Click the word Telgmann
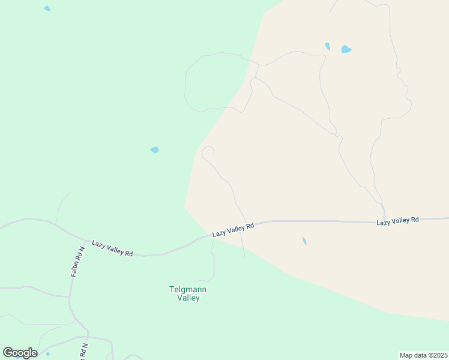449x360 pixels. (x=188, y=289)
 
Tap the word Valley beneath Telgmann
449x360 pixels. (x=188, y=298)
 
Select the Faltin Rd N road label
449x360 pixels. (x=76, y=261)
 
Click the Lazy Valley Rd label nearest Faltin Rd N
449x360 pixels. (x=112, y=248)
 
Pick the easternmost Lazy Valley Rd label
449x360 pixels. (x=397, y=221)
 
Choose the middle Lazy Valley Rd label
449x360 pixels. (x=233, y=229)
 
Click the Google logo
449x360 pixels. (x=20, y=353)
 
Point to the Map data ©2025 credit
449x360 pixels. (x=423, y=355)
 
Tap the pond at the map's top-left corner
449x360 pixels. (x=47, y=8)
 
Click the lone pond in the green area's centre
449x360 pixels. (x=155, y=149)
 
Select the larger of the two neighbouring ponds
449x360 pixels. (x=346, y=49)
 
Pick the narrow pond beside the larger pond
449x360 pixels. (x=328, y=46)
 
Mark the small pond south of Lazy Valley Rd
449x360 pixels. (x=304, y=241)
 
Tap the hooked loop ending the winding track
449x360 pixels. (x=208, y=151)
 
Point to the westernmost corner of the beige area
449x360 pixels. (x=184, y=206)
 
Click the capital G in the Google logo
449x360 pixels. (x=8, y=353)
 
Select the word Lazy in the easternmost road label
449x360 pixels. (x=384, y=222)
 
